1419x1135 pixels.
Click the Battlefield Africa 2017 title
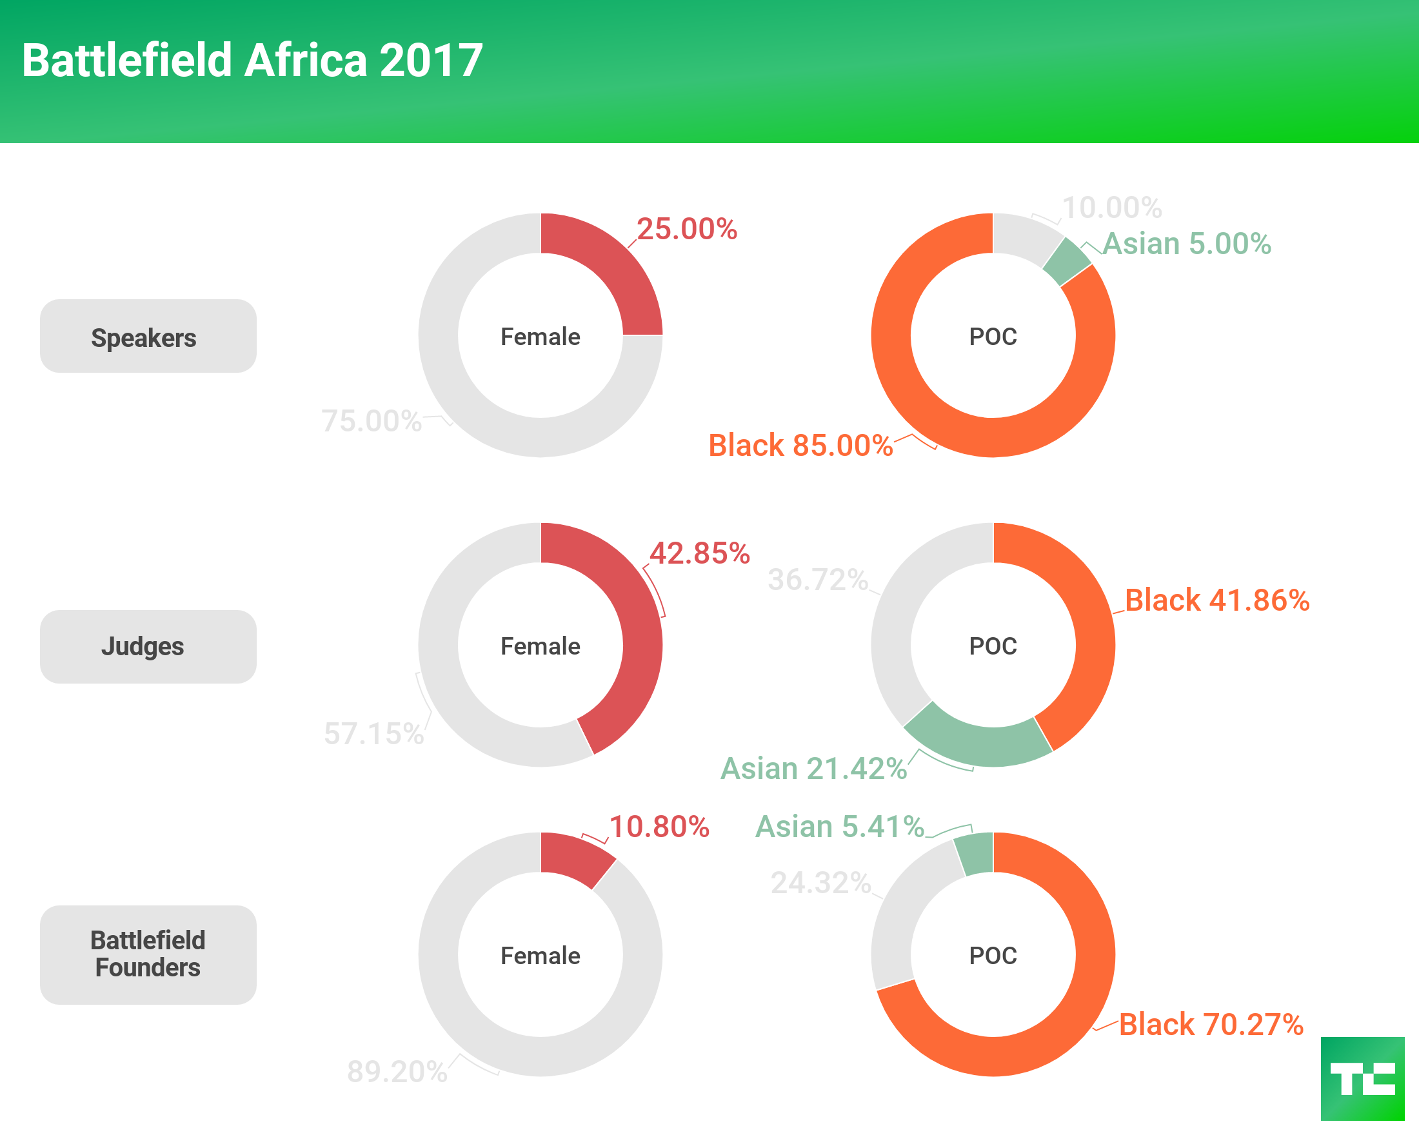point(252,61)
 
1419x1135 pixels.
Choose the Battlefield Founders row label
point(148,954)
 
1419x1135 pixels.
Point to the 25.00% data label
point(686,229)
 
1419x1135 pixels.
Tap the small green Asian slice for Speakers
point(1066,261)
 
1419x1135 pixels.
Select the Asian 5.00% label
point(1187,244)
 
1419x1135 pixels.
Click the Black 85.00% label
point(800,446)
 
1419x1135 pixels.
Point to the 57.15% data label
point(374,733)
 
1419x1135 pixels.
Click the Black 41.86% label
point(1217,600)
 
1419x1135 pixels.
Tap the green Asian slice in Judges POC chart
point(977,740)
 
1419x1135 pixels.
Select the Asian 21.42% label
point(813,768)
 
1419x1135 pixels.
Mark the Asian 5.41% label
point(840,826)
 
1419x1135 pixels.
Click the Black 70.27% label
point(1211,1025)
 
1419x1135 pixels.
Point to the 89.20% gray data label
point(397,1071)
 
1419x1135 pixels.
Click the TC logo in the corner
point(1362,1078)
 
